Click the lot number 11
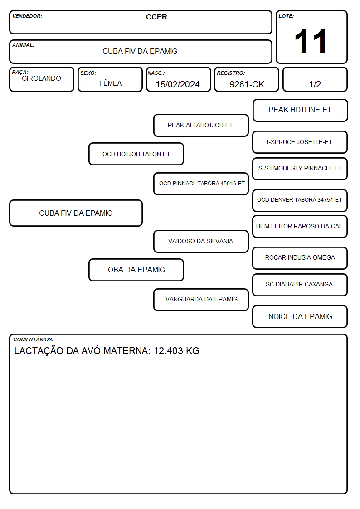[311, 42]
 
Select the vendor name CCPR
[156, 17]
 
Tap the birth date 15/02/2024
[178, 84]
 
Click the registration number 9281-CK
[247, 84]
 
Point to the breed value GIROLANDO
[42, 78]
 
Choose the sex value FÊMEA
[110, 83]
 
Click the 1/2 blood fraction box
[315, 79]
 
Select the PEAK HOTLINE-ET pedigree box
[300, 111]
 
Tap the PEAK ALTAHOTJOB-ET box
[201, 125]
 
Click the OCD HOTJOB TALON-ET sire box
[136, 154]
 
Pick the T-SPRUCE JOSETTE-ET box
[300, 142]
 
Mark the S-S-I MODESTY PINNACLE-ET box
[300, 169]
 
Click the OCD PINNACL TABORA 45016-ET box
[201, 184]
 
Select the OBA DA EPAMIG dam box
[136, 270]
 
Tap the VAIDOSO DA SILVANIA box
[201, 241]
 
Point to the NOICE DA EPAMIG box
[300, 316]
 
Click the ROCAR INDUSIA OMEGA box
[300, 258]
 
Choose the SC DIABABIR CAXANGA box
[300, 285]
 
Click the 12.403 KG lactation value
[176, 351]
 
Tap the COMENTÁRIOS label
[34, 339]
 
